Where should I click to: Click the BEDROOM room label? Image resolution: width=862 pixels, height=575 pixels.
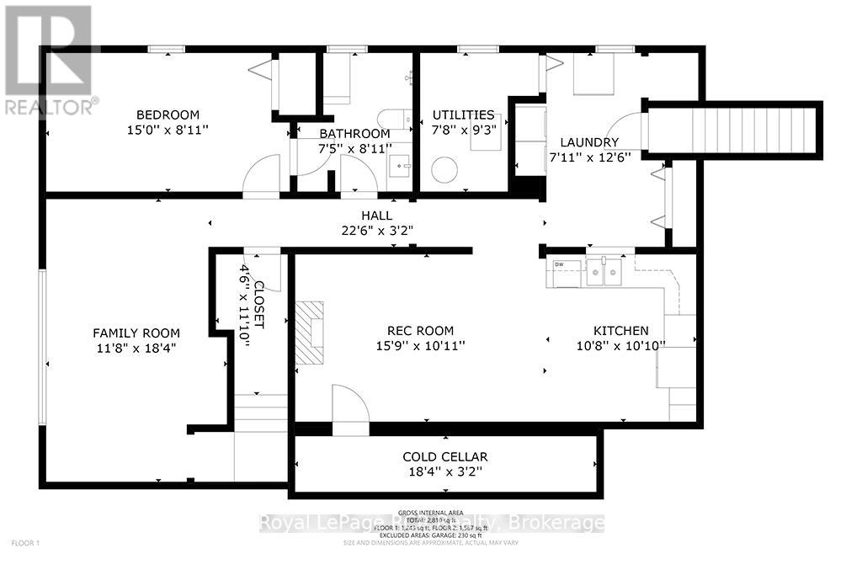168,114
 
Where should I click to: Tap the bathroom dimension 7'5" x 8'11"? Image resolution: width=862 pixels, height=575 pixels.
354,149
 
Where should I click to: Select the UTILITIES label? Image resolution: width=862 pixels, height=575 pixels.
463,114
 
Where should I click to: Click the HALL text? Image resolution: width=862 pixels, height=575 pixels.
377,216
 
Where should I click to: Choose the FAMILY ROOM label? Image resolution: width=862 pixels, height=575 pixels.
136,333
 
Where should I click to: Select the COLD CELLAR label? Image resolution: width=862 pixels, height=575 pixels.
444,457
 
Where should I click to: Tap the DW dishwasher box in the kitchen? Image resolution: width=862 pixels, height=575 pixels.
560,266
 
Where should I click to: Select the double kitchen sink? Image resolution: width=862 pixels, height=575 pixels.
604,271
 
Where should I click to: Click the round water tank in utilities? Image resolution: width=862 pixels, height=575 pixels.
444,171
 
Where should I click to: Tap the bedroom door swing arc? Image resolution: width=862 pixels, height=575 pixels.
261,174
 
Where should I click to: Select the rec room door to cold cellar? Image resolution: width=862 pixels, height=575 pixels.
350,411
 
